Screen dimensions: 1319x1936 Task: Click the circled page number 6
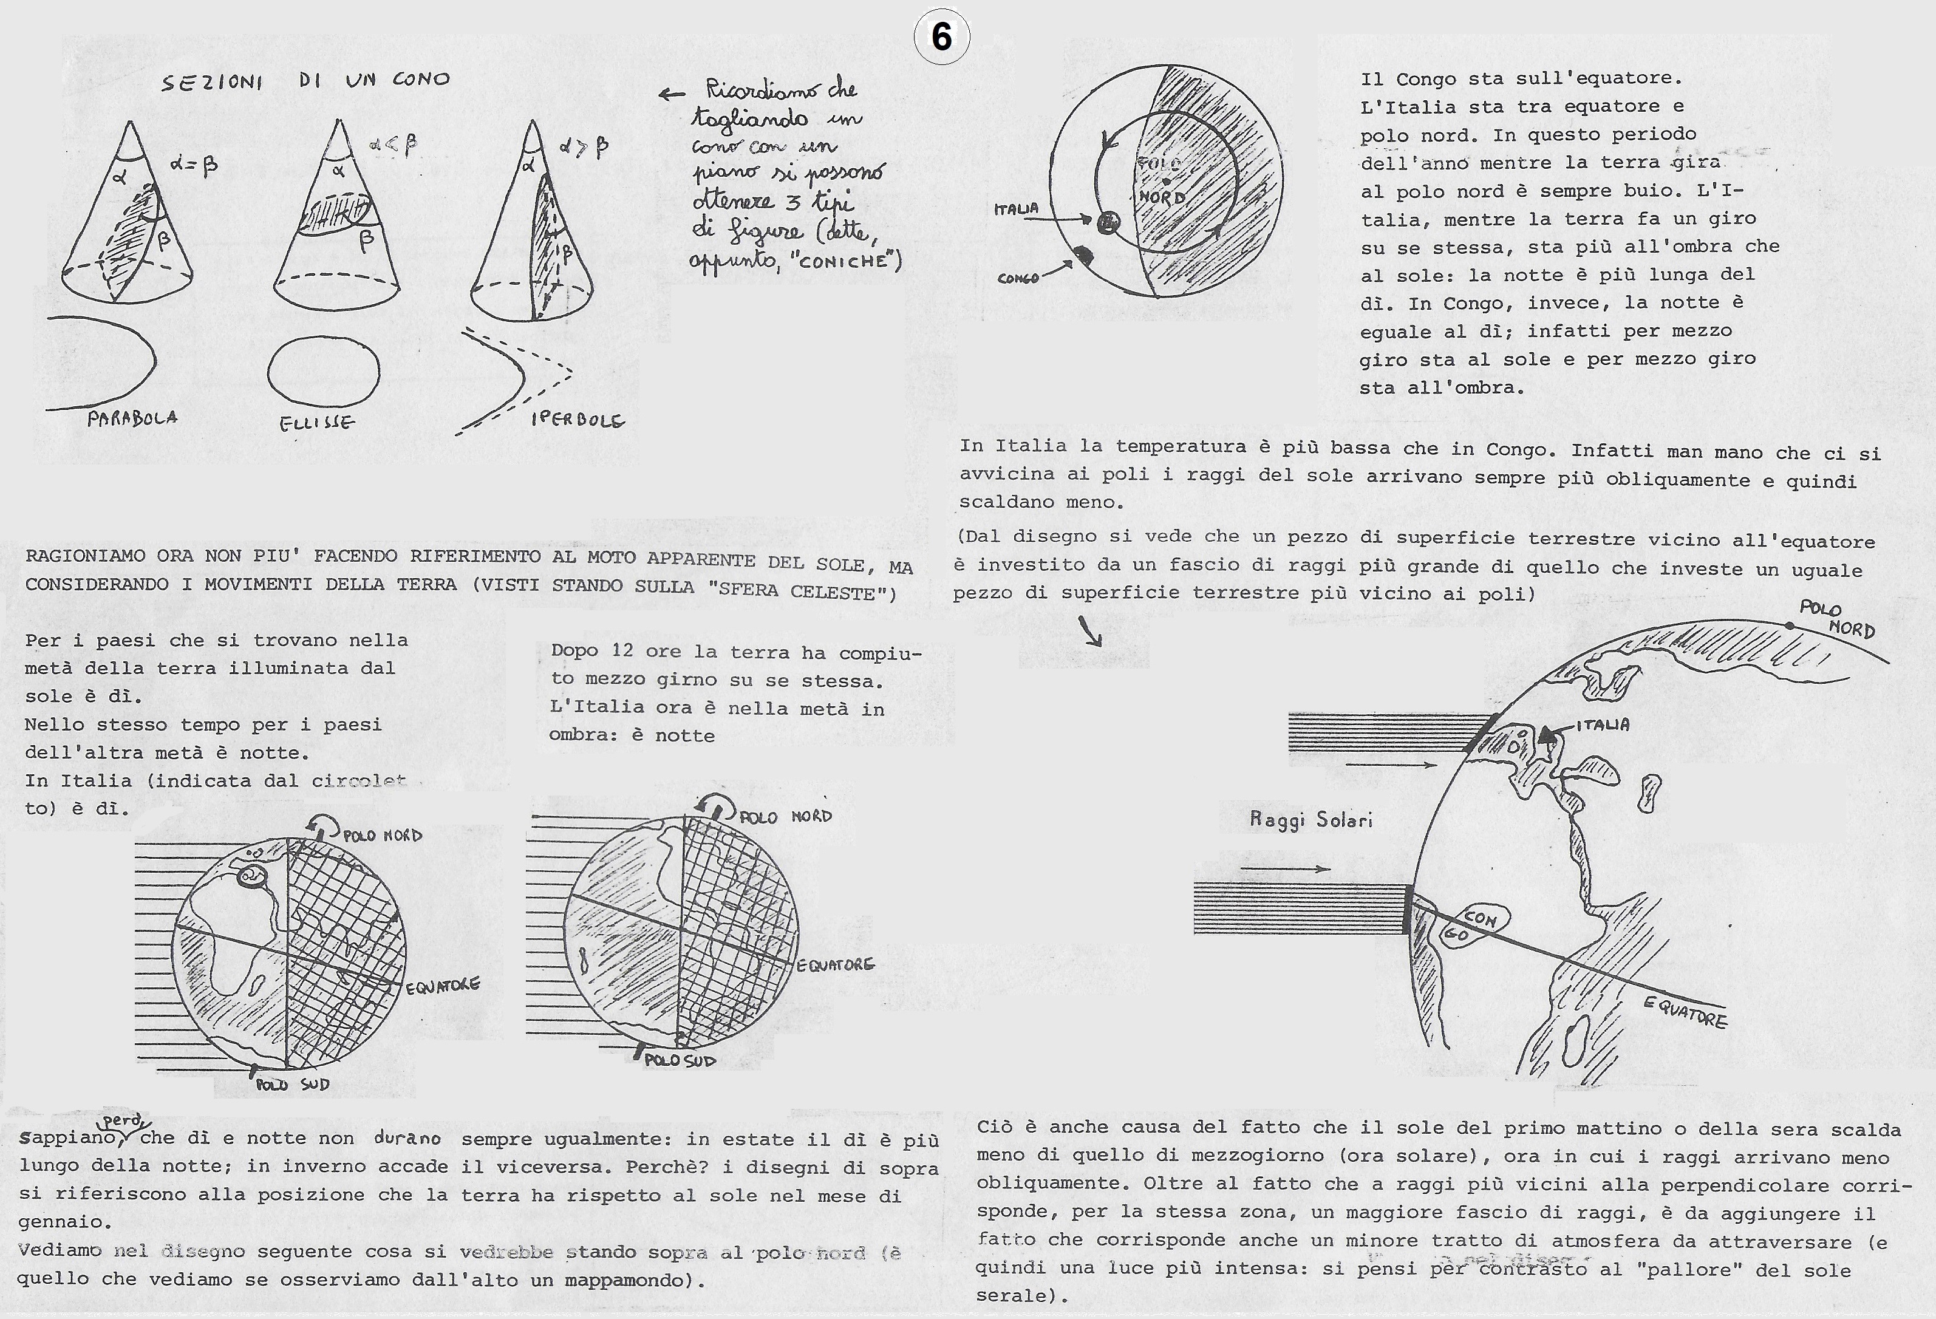[x=941, y=38]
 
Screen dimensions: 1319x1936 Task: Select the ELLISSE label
[x=316, y=423]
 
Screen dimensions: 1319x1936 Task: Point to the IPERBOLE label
[x=578, y=420]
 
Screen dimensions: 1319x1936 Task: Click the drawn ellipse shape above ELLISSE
[x=323, y=372]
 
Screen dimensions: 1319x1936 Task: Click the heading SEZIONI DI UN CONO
[x=305, y=81]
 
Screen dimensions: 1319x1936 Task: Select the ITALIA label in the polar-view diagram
[x=1017, y=209]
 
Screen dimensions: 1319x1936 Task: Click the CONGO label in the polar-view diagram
[x=1018, y=278]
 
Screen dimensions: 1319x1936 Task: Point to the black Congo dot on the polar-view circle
[x=1083, y=256]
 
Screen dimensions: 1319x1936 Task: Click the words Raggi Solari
[x=1311, y=820]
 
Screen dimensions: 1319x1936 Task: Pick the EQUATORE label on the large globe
[x=1685, y=1012]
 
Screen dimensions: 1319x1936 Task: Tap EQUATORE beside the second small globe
[x=835, y=965]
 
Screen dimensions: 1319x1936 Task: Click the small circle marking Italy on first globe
[x=250, y=876]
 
